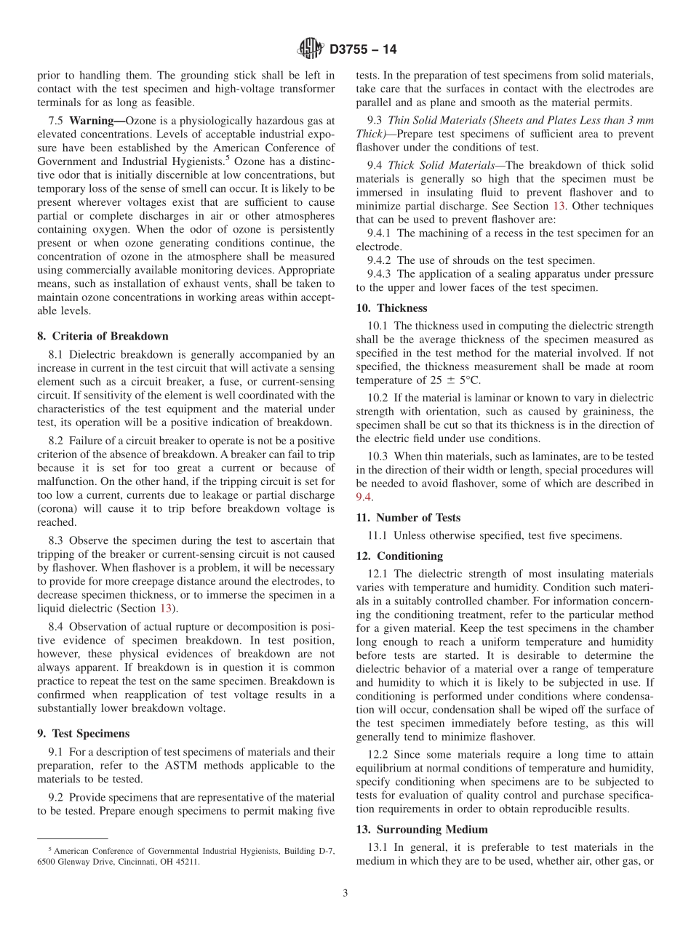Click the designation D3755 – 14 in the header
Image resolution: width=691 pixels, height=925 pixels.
coord(363,50)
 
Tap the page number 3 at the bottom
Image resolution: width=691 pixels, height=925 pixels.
coord(345,893)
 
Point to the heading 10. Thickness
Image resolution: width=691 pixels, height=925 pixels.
coord(391,308)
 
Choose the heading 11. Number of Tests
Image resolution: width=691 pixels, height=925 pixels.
coord(408,518)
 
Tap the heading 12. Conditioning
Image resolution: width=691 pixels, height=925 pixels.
coord(399,556)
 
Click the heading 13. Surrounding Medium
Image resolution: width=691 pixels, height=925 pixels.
coord(422,829)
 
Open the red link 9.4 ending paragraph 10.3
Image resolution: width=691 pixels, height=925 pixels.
coord(364,497)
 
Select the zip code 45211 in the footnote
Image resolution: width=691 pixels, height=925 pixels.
coord(185,862)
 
